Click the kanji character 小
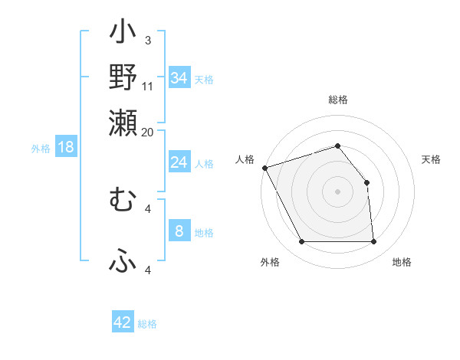coord(123,34)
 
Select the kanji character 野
coord(123,78)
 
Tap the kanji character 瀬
coord(123,123)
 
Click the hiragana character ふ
coord(123,261)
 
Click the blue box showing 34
coord(179,78)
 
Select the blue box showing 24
coord(179,162)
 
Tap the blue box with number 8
coord(179,231)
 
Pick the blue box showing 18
coord(66,147)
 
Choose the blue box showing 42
coord(123,322)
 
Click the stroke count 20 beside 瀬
coord(148,132)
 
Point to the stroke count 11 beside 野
coord(148,87)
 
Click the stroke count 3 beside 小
coord(148,41)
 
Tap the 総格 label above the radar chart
coord(338,100)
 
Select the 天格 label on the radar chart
coord(431,159)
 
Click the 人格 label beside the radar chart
coord(245,159)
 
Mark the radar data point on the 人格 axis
coord(264,168)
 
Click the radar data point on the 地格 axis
coord(374,242)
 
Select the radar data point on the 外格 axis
coord(301,242)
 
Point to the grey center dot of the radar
coord(338,191)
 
